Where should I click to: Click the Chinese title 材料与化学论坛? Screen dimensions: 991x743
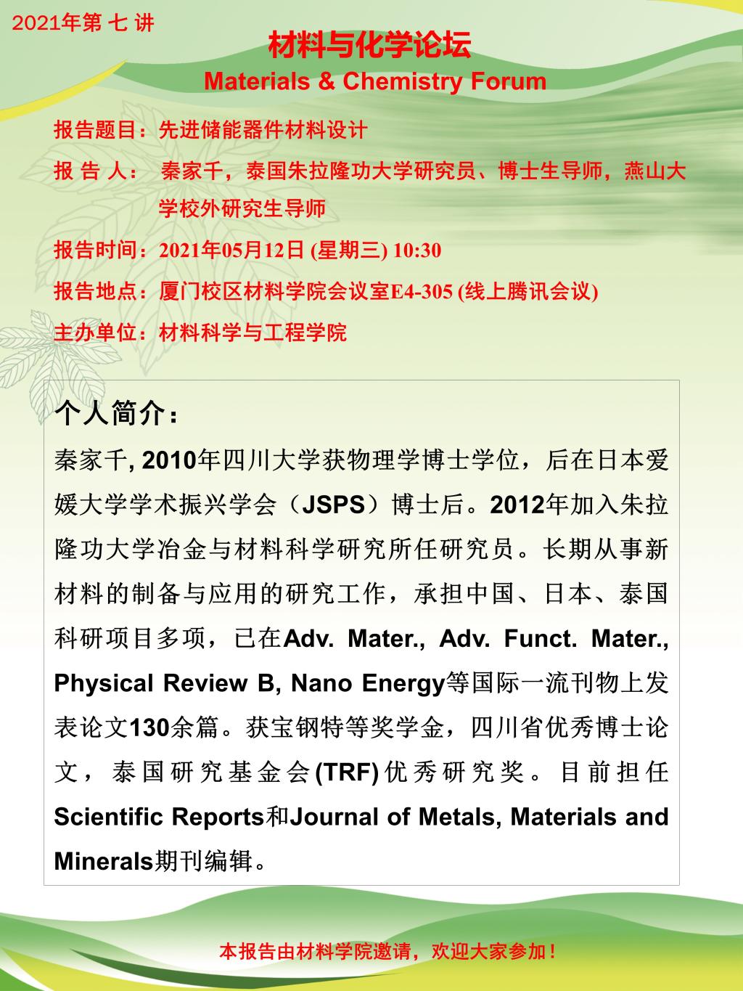[370, 46]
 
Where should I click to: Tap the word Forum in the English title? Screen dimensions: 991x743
[508, 81]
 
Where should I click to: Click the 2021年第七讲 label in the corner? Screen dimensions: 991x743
[83, 23]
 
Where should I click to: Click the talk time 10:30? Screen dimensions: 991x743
[416, 251]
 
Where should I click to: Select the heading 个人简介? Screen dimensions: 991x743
[116, 415]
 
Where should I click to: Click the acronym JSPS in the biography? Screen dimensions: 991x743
[333, 505]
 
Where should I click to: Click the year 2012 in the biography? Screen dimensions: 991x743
[517, 505]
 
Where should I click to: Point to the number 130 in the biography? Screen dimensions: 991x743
[149, 728]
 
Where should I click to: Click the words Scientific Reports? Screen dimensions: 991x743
[159, 817]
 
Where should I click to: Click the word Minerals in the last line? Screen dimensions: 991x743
[104, 862]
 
